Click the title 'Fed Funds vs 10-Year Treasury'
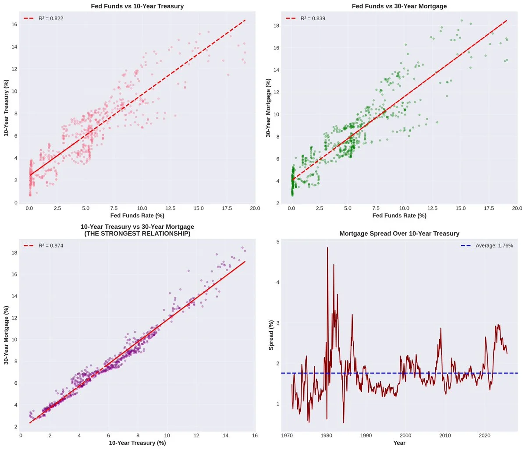click(x=137, y=6)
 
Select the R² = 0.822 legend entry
click(x=44, y=18)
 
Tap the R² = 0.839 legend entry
click(x=306, y=18)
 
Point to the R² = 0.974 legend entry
click(x=44, y=245)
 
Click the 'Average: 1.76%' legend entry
click(x=487, y=246)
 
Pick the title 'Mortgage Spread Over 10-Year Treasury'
click(x=399, y=234)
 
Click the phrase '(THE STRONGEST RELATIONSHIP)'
click(x=137, y=234)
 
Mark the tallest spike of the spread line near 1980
click(x=327, y=248)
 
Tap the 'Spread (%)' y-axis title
click(x=271, y=335)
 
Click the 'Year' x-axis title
click(x=399, y=443)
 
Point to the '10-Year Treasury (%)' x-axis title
click(x=137, y=443)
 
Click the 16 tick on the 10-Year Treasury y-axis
click(x=14, y=24)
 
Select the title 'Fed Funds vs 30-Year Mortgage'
click(x=399, y=6)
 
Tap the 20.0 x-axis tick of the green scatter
click(x=517, y=208)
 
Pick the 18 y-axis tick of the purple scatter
click(x=14, y=253)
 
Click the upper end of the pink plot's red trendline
click(x=245, y=20)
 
